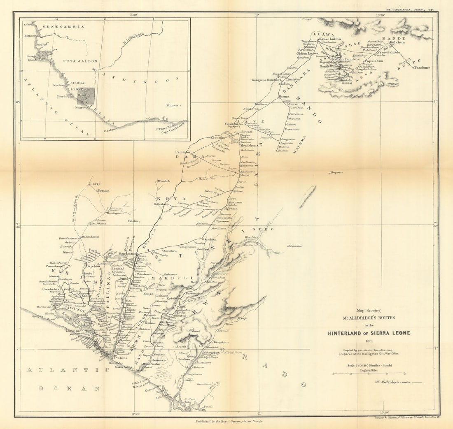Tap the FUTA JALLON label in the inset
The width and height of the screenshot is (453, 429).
[80, 61]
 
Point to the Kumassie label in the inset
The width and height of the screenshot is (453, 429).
[174, 105]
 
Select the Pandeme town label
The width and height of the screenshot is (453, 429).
[422, 67]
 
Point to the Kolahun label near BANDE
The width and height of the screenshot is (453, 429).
[397, 42]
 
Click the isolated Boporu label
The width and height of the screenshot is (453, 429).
[336, 172]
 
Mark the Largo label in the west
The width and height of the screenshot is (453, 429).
[95, 184]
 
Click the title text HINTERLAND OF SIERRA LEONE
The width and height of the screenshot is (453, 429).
[369, 333]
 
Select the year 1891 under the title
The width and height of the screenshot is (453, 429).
[369, 341]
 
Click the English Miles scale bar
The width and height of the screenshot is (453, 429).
[369, 373]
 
